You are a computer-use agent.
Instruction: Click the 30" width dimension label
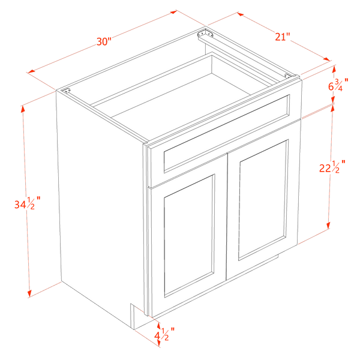coord(104,41)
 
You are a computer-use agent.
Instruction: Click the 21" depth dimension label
coord(283,37)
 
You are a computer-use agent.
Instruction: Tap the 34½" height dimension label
coord(28,203)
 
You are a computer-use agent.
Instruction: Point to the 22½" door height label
coord(332,166)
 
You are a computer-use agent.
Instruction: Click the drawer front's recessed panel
coord(227,133)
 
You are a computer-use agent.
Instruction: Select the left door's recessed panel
coord(190,236)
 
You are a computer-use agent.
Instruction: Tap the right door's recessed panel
coord(263,200)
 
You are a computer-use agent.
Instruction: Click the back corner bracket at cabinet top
coord(205,34)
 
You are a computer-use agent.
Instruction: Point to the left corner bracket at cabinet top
coord(67,91)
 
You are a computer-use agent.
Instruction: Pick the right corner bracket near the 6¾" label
coord(288,76)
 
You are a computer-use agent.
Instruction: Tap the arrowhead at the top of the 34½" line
coord(23,110)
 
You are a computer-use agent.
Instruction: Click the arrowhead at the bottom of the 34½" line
coord(29,293)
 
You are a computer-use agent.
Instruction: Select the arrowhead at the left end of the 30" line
coord(31,71)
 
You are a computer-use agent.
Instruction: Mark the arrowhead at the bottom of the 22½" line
coord(328,225)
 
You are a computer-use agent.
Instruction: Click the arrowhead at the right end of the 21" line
coord(327,59)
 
